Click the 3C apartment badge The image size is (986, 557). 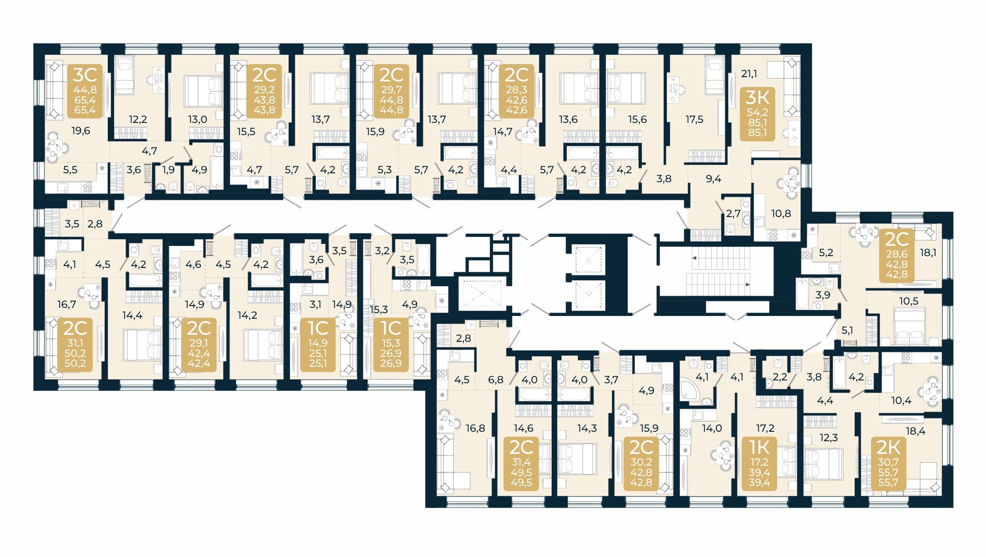(x=85, y=90)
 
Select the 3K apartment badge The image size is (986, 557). (x=757, y=114)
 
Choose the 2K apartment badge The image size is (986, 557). (x=888, y=463)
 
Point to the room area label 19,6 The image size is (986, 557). (x=80, y=131)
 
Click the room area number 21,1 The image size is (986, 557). (x=749, y=74)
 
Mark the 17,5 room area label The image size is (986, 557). (x=694, y=120)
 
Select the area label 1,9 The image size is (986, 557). (x=168, y=170)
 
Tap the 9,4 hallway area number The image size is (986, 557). (x=713, y=179)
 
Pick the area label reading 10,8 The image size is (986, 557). (x=781, y=213)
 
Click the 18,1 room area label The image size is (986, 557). (x=928, y=252)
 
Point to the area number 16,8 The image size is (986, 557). (x=475, y=428)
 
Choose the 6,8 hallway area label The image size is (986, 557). (x=496, y=379)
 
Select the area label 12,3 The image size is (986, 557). (x=829, y=437)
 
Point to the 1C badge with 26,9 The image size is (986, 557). (x=391, y=345)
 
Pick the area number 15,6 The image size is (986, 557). (x=637, y=120)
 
